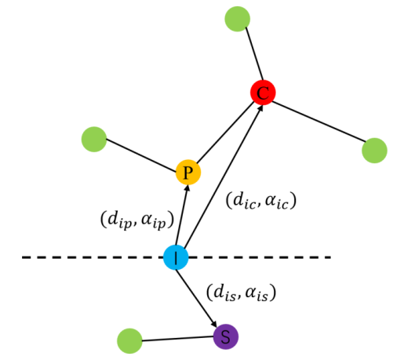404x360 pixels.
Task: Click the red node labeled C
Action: (263, 93)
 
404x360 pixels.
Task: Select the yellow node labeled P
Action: (188, 172)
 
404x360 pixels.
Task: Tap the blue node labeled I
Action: (176, 257)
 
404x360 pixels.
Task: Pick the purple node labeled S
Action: (226, 336)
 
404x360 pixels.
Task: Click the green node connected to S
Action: (129, 341)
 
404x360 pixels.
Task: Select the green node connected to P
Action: (94, 139)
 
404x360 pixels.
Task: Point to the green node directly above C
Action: (238, 19)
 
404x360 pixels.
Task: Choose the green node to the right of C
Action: (374, 151)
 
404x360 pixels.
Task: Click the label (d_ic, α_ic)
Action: (261, 201)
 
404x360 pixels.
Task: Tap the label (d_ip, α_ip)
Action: (137, 220)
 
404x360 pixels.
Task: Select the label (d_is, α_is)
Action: (241, 293)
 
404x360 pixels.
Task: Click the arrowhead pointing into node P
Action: (187, 188)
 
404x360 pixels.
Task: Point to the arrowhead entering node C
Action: (260, 108)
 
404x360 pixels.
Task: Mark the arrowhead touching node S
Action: (214, 323)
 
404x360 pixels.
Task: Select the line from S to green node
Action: (177, 339)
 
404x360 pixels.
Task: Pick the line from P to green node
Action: (141, 155)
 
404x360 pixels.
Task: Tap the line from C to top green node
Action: (254, 53)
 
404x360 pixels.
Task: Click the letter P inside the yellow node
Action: (188, 173)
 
